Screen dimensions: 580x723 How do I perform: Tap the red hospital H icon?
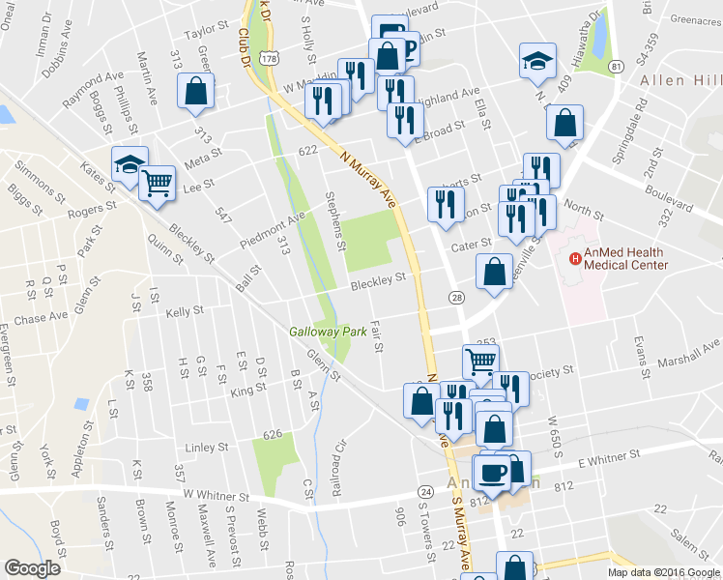(575, 258)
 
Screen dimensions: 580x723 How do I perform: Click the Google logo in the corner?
(32, 568)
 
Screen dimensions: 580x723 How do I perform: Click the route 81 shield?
(616, 66)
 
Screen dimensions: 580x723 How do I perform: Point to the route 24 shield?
(424, 493)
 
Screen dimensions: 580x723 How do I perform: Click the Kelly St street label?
(185, 311)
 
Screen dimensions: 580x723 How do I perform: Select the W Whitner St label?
(210, 497)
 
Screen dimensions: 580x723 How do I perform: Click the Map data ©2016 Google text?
(663, 572)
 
